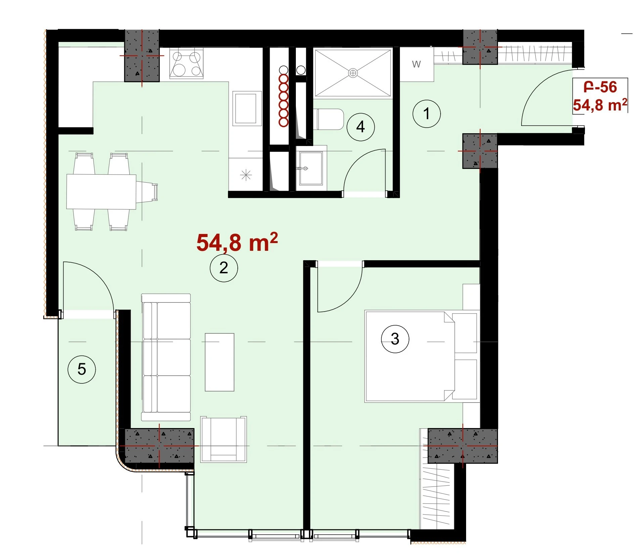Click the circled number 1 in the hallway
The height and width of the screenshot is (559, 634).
tap(426, 113)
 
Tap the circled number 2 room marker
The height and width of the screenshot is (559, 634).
tap(224, 268)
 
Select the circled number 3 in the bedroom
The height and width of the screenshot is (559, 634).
tap(395, 339)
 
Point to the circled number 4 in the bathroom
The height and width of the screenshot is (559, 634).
tap(360, 127)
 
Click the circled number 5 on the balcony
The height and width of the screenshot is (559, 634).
tap(82, 369)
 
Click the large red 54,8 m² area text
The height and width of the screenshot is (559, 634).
tap(237, 242)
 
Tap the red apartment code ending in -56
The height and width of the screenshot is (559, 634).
tap(600, 87)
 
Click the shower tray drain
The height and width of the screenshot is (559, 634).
tap(353, 73)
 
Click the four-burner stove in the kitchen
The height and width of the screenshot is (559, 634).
tap(186, 63)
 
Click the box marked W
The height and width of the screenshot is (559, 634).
tap(417, 64)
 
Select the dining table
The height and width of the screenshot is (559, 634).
tap(101, 192)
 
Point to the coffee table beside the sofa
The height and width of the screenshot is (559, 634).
tap(220, 362)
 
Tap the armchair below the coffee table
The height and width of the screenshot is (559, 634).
tap(224, 439)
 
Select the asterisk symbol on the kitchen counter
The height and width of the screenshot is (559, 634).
tap(246, 175)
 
